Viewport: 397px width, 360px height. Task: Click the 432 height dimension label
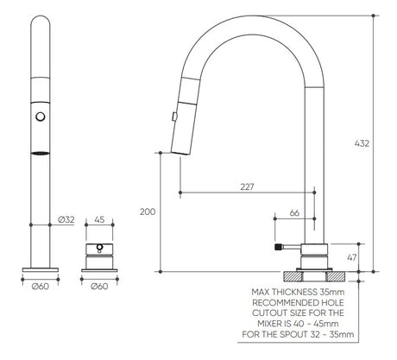(x=362, y=143)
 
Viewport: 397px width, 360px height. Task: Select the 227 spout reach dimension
(x=247, y=187)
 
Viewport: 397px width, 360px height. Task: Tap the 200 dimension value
(x=148, y=212)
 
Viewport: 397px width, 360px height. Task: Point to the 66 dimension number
(x=294, y=213)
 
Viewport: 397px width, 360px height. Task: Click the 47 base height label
(x=351, y=257)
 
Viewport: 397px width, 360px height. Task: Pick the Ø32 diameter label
(x=66, y=220)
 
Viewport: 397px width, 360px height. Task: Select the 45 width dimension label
(x=99, y=220)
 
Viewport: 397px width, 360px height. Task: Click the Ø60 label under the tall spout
(x=41, y=287)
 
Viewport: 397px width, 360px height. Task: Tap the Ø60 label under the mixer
(x=99, y=287)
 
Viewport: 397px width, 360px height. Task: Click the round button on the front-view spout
(x=41, y=117)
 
